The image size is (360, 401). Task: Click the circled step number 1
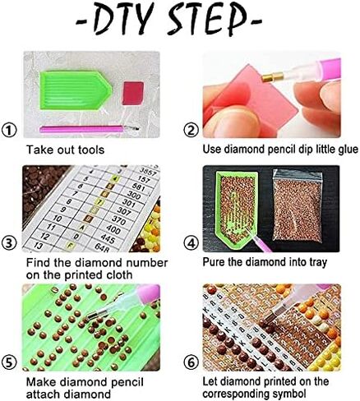tap(9, 130)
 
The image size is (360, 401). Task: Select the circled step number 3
tap(9, 244)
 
